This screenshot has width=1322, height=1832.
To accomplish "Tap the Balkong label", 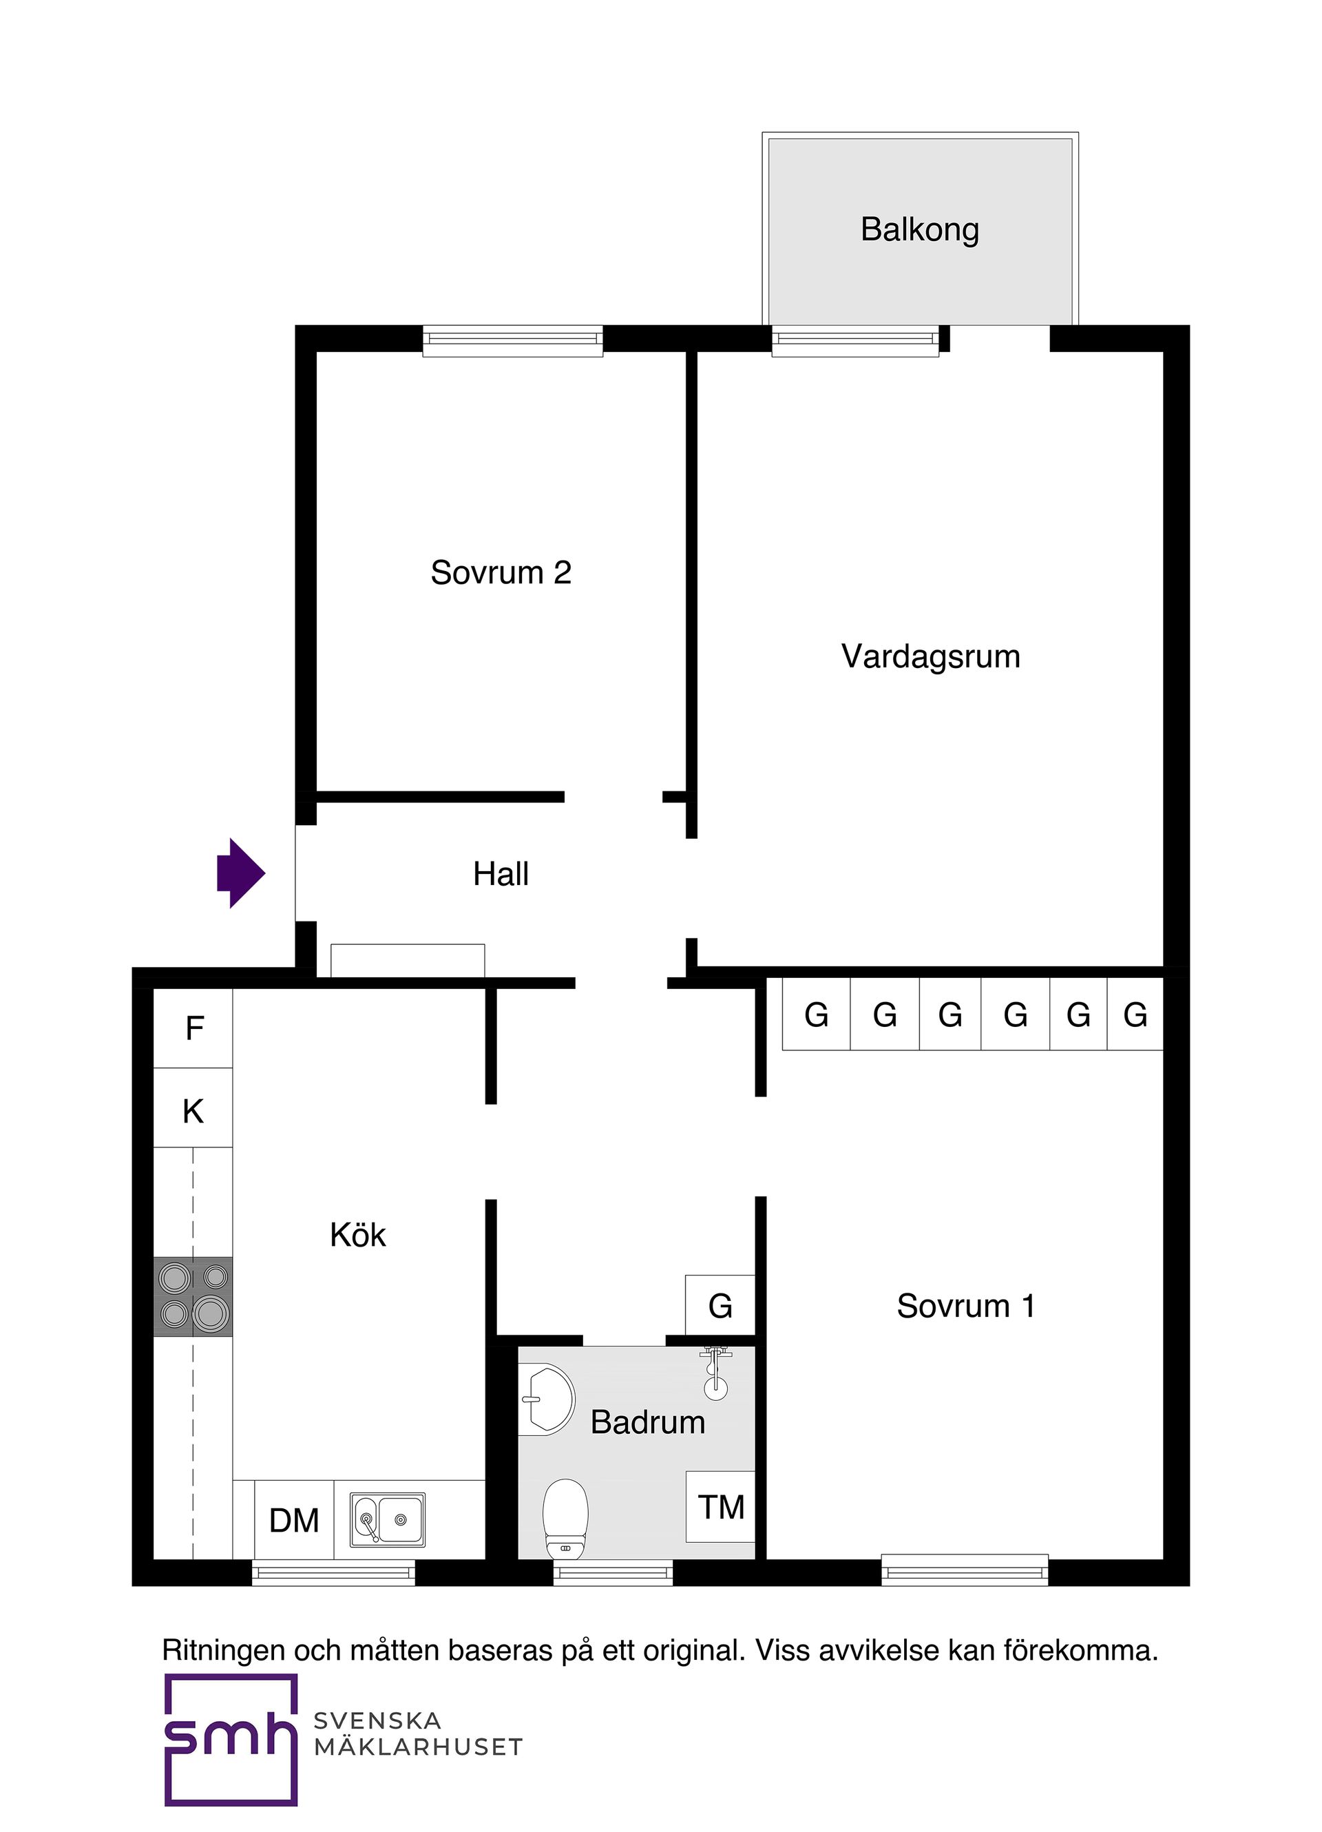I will pyautogui.click(x=919, y=229).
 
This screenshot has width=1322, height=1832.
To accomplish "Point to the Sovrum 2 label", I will pyautogui.click(x=501, y=573).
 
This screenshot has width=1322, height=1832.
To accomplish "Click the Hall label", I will pyautogui.click(x=501, y=874).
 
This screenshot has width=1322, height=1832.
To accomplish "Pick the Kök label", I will pyautogui.click(x=358, y=1235).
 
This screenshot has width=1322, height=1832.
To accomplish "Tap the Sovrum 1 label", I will pyautogui.click(x=965, y=1306).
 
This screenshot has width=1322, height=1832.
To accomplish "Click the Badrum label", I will pyautogui.click(x=648, y=1422).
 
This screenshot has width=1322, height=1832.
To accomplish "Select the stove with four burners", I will pyautogui.click(x=193, y=1296).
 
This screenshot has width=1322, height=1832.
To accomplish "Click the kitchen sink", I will pyautogui.click(x=388, y=1519).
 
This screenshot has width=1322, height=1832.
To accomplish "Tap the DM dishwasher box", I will pyautogui.click(x=294, y=1520).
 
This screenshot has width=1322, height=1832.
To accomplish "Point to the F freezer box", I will pyautogui.click(x=193, y=1028).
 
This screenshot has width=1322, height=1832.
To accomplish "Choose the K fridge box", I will pyautogui.click(x=193, y=1112).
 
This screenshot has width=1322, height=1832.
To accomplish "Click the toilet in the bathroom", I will pyautogui.click(x=565, y=1519).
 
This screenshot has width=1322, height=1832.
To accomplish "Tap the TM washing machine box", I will pyautogui.click(x=720, y=1506).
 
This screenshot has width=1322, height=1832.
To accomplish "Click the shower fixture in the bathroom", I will pyautogui.click(x=715, y=1373).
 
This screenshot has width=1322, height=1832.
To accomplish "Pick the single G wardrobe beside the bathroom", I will pyautogui.click(x=720, y=1306).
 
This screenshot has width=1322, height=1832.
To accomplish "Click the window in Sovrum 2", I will pyautogui.click(x=513, y=340).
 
